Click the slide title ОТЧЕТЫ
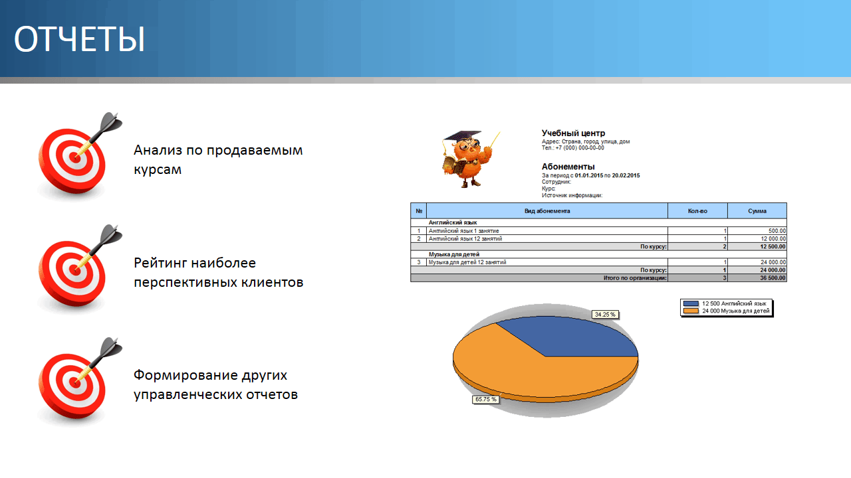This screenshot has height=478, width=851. pyautogui.click(x=79, y=39)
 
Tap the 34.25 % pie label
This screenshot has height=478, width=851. pyautogui.click(x=605, y=315)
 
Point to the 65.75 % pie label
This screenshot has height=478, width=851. pyautogui.click(x=485, y=399)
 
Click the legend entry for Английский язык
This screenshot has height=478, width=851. pyautogui.click(x=725, y=303)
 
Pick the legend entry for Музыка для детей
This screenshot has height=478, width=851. pyautogui.click(x=726, y=311)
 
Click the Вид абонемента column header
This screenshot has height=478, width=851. pyautogui.click(x=547, y=211)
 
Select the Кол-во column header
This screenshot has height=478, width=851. pyautogui.click(x=697, y=211)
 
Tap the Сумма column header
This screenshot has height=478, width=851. pyautogui.click(x=757, y=211)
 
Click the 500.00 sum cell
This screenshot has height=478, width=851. pyautogui.click(x=777, y=230)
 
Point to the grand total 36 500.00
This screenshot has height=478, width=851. pyautogui.click(x=773, y=278)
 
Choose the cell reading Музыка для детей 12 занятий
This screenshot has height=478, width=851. pyautogui.click(x=467, y=262)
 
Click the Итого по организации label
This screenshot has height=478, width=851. pyautogui.click(x=635, y=278)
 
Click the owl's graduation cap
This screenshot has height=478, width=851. pyautogui.click(x=463, y=137)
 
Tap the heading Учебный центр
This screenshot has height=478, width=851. pyautogui.click(x=573, y=133)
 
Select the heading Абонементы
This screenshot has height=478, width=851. pyautogui.click(x=568, y=167)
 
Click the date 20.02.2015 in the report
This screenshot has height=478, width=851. pyautogui.click(x=626, y=176)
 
